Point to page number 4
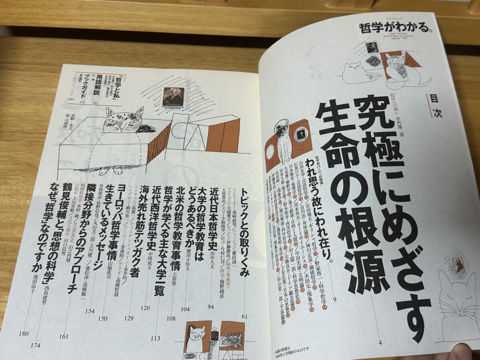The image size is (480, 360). pyautogui.click(x=380, y=342)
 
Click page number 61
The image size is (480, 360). pyautogui.click(x=244, y=316)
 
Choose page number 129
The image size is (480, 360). pyautogui.click(x=128, y=318)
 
